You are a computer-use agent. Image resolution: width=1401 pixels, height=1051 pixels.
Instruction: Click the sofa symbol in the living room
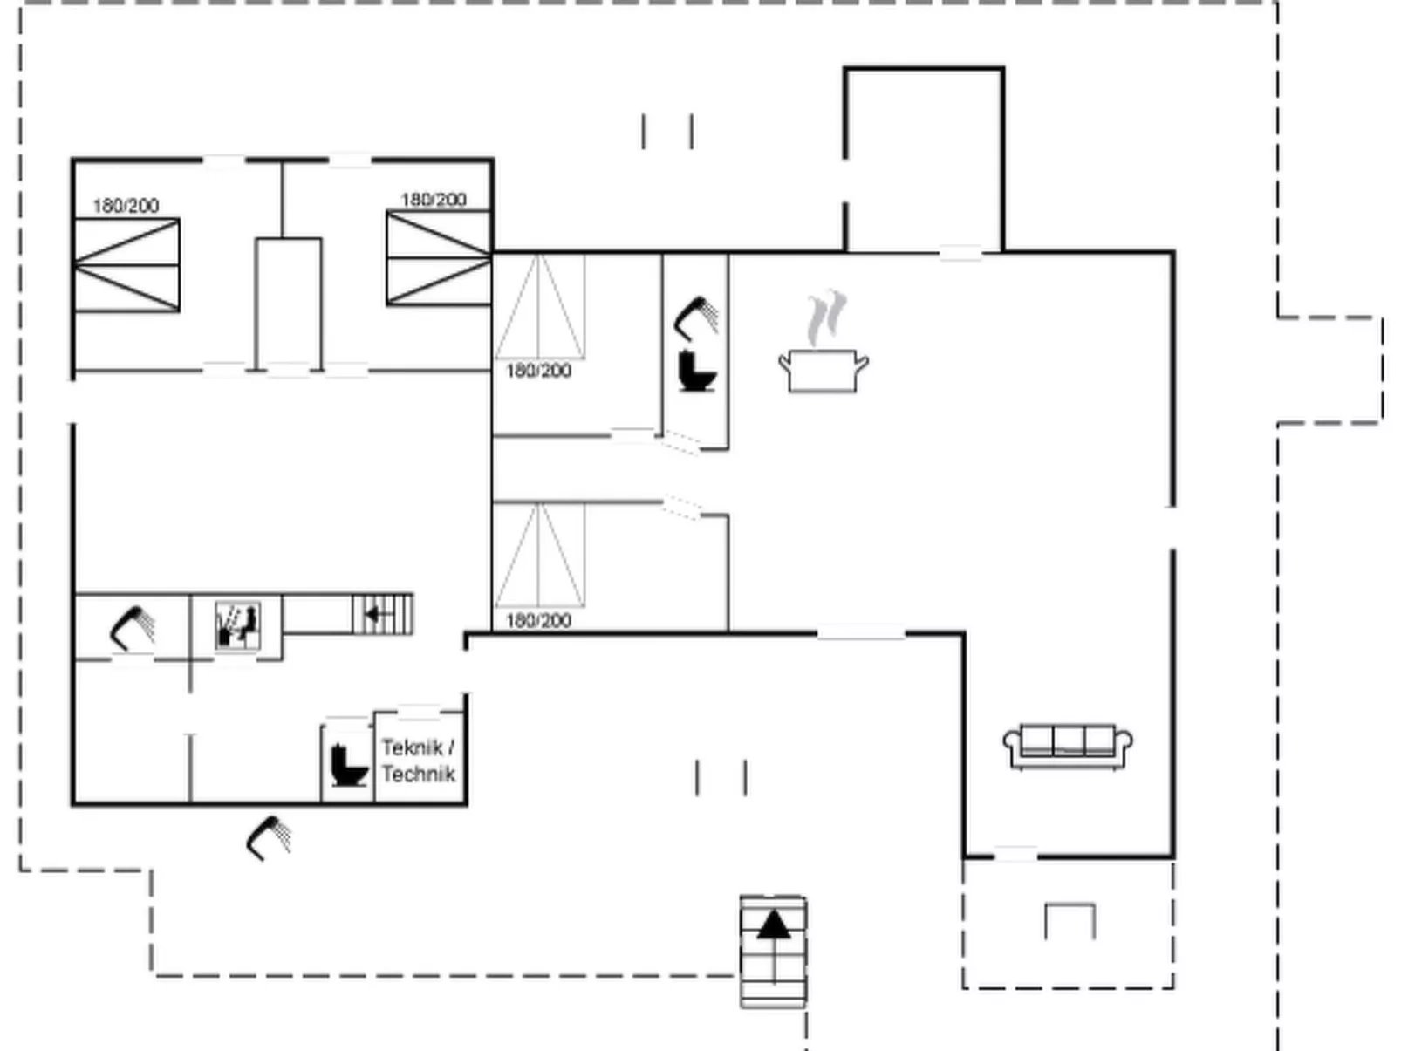(1067, 746)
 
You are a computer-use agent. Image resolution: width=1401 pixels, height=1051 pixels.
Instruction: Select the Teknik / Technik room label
(419, 760)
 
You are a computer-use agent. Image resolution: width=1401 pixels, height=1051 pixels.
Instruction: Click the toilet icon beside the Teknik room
(349, 765)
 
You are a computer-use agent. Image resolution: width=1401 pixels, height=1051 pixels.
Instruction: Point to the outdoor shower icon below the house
(269, 838)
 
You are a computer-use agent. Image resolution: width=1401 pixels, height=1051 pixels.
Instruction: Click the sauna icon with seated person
(237, 624)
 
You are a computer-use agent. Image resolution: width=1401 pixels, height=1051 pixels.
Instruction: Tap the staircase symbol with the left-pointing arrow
(383, 614)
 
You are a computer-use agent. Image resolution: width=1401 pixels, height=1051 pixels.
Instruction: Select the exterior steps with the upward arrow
(773, 952)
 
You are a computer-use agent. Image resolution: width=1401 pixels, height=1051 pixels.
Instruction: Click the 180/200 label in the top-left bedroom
(126, 206)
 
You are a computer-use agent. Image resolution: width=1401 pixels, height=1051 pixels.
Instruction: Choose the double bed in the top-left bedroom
(127, 265)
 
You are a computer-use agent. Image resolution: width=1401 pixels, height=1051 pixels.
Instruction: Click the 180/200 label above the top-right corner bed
(434, 200)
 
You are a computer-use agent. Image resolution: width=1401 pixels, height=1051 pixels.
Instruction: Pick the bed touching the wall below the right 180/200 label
(439, 258)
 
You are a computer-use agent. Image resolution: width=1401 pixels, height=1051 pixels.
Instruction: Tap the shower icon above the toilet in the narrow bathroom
(696, 319)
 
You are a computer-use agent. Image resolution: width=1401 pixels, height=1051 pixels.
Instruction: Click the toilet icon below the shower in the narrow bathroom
(697, 371)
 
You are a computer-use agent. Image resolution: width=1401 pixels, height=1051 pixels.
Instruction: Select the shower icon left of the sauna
(132, 629)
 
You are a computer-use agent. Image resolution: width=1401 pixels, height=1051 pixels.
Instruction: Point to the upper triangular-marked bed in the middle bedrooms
(539, 306)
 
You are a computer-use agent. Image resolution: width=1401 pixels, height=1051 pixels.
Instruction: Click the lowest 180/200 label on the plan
(538, 620)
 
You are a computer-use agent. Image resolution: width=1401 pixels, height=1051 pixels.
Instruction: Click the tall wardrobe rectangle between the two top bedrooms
(289, 304)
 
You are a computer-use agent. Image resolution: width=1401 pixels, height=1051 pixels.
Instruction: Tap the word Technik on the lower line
(419, 774)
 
